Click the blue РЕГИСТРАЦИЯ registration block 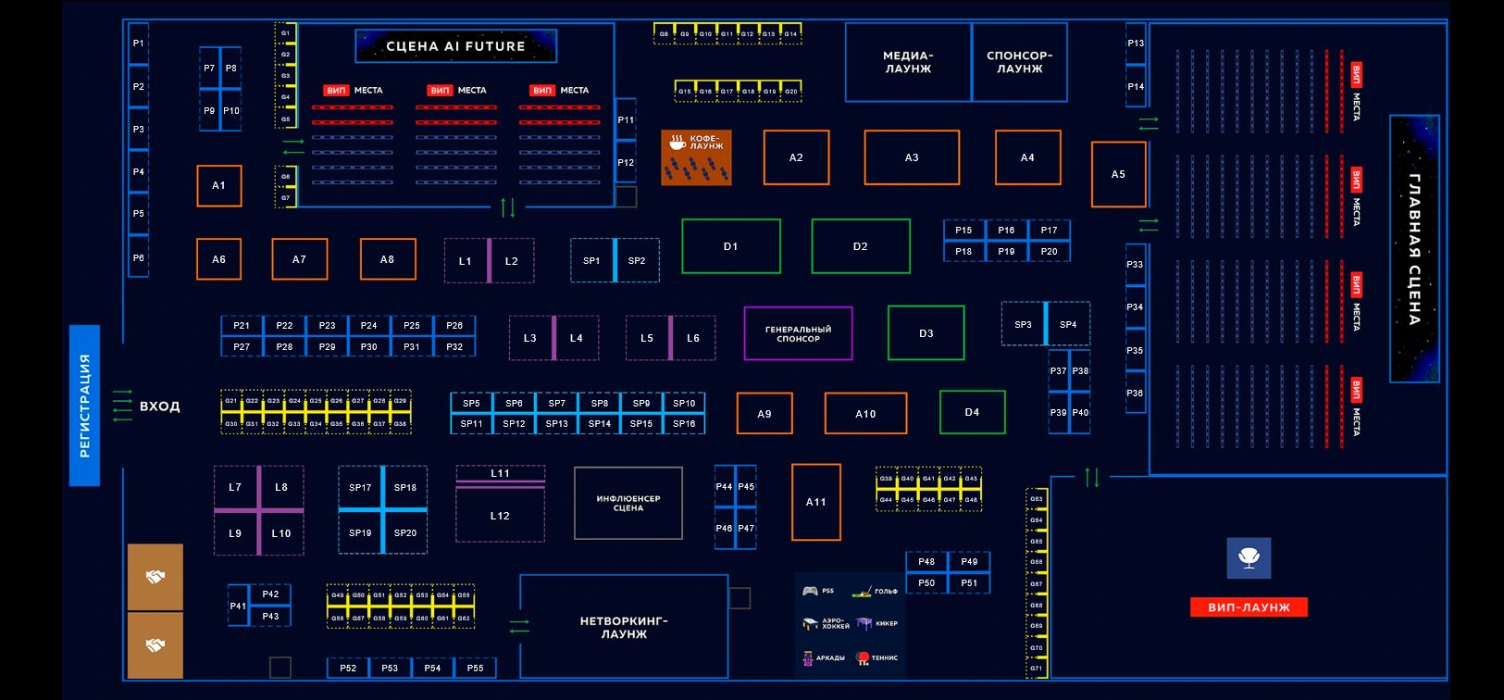click(x=84, y=405)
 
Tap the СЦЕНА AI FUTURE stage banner click(x=455, y=46)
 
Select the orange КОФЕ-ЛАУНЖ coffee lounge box click(x=696, y=157)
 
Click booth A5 click(x=1118, y=174)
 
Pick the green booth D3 click(x=926, y=333)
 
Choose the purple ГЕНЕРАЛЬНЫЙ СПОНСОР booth click(x=798, y=333)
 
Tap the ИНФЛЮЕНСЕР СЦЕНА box click(x=628, y=503)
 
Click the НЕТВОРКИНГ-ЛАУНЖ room click(x=624, y=628)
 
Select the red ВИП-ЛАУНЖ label click(x=1249, y=607)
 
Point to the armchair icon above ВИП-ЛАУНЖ click(x=1249, y=558)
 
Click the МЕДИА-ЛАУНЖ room click(x=908, y=62)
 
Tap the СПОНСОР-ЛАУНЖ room click(x=1019, y=62)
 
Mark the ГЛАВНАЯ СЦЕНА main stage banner click(x=1414, y=249)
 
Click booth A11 click(x=815, y=502)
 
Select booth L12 click(x=500, y=516)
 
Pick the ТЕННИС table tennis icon click(x=864, y=657)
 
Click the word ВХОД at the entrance click(x=160, y=406)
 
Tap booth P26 click(x=454, y=326)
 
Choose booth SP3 click(x=1023, y=324)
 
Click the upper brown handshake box click(x=155, y=577)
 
